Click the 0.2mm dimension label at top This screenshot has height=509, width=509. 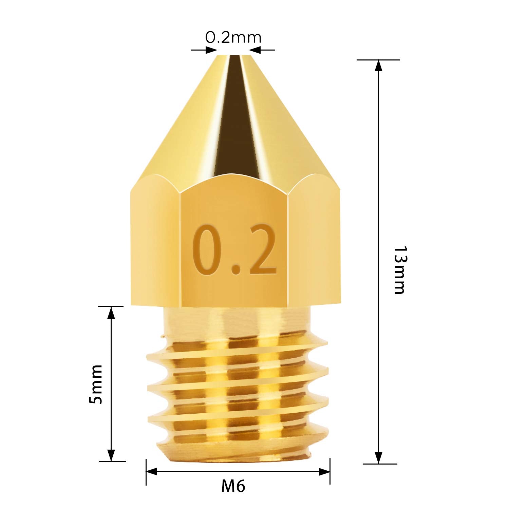pyautogui.click(x=233, y=37)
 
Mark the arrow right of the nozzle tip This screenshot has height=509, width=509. pyautogui.click(x=255, y=50)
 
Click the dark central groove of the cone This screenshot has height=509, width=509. pyautogui.click(x=234, y=119)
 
